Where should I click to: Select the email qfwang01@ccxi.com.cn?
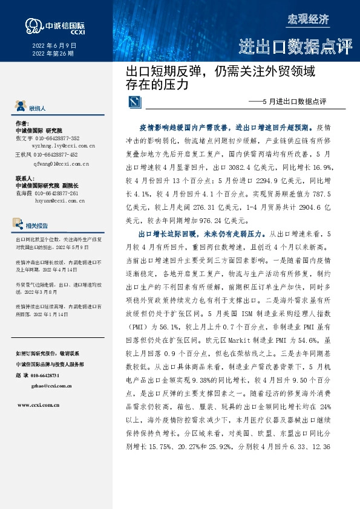61,163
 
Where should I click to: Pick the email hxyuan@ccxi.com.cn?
60,200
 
